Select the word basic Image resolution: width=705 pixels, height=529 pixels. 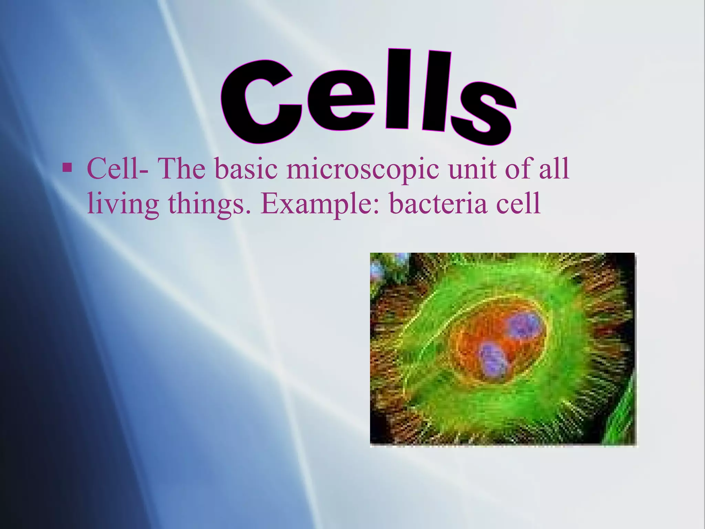click(x=246, y=169)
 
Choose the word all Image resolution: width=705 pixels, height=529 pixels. click(x=554, y=169)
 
